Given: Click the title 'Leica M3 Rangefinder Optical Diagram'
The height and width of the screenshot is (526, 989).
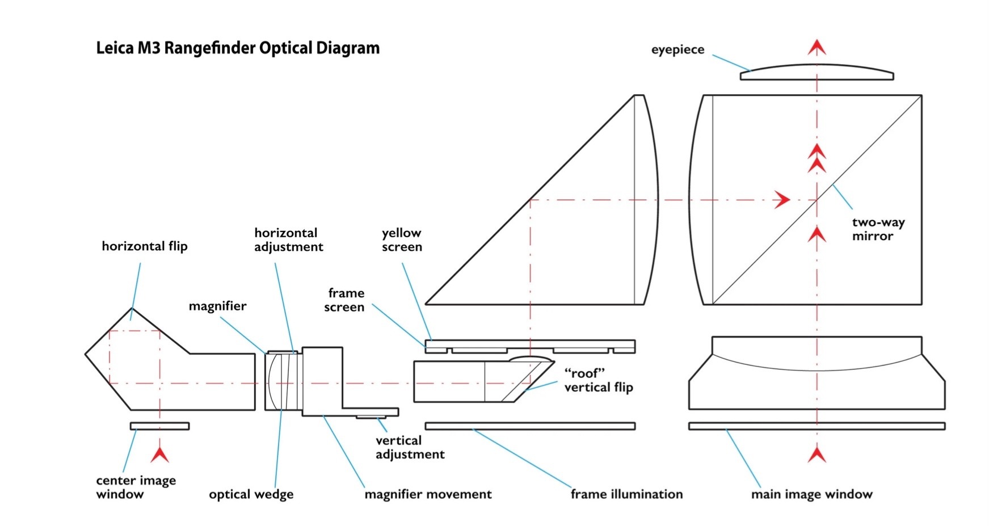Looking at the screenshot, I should pyautogui.click(x=238, y=48).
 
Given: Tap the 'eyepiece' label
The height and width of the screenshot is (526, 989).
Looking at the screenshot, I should pyautogui.click(x=677, y=50).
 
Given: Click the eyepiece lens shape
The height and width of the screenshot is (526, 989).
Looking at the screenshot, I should pyautogui.click(x=817, y=73).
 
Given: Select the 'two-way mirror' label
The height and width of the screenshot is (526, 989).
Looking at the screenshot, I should pyautogui.click(x=878, y=229).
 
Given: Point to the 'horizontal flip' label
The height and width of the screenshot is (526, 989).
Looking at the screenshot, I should pyautogui.click(x=144, y=246).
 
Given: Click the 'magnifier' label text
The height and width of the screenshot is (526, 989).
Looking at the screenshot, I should pyautogui.click(x=217, y=306).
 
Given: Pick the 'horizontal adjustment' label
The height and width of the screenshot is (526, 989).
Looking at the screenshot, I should pyautogui.click(x=288, y=240).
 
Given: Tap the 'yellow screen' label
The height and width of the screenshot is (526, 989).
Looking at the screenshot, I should pyautogui.click(x=402, y=240).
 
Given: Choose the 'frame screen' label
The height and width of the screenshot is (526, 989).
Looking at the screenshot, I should pyautogui.click(x=345, y=300).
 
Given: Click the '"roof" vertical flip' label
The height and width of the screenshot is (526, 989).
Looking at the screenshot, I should pyautogui.click(x=598, y=380).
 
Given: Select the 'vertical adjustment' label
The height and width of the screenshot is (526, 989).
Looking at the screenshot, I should pyautogui.click(x=410, y=448).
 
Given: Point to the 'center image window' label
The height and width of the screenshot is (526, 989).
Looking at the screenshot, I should pyautogui.click(x=136, y=487).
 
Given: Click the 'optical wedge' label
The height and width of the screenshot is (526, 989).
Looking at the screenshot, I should pyautogui.click(x=251, y=495).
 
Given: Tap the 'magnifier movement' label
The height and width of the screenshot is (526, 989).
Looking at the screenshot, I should pyautogui.click(x=428, y=495).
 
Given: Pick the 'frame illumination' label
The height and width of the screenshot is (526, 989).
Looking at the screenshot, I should pyautogui.click(x=626, y=495).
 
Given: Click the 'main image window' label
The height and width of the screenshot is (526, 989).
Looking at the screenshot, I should pyautogui.click(x=811, y=495).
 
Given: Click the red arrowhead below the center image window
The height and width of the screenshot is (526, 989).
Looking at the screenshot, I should pyautogui.click(x=160, y=455).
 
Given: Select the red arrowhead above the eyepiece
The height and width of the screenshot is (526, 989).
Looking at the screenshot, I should pyautogui.click(x=817, y=47).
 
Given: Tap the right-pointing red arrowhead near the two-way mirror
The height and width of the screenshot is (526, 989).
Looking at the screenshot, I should pyautogui.click(x=783, y=200).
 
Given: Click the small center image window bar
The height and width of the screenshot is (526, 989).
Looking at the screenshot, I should pyautogui.click(x=159, y=426).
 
